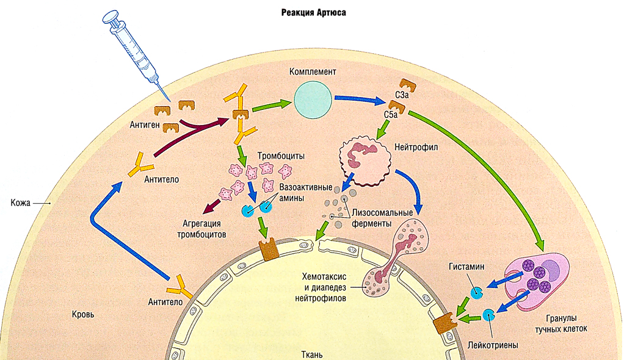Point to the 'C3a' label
click(402, 96)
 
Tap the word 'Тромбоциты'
click(280, 156)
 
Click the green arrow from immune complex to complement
click(270, 104)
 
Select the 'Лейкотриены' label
click(492, 345)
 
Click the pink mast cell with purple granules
click(537, 280)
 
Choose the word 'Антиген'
click(145, 125)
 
